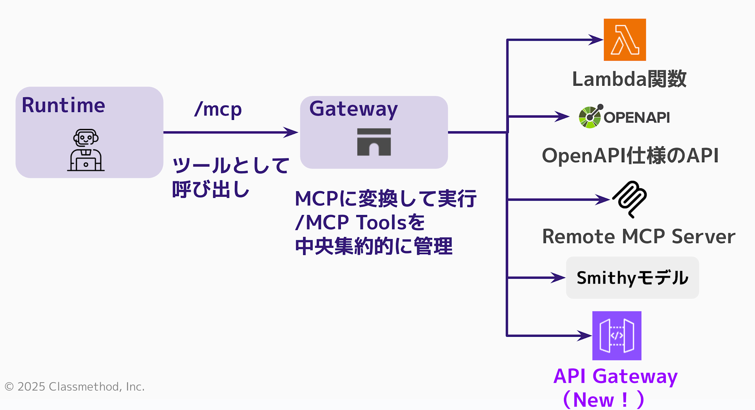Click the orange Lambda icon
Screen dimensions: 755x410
[x=625, y=40]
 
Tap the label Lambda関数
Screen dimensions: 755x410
[x=629, y=79]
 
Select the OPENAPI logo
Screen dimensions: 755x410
[x=624, y=117]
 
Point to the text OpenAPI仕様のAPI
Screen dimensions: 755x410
[x=630, y=156]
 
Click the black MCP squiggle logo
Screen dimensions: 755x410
[x=630, y=199]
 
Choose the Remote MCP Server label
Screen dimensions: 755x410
[x=639, y=236]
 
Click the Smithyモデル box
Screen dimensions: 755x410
[x=632, y=278]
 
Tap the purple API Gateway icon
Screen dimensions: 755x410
[x=617, y=336]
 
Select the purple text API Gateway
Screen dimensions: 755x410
[x=615, y=376]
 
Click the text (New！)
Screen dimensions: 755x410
[x=603, y=400]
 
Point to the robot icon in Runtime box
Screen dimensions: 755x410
[x=86, y=150]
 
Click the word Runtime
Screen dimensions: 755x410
[x=63, y=105]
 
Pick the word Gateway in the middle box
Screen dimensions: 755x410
[x=353, y=109]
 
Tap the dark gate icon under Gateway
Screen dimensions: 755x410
[x=374, y=142]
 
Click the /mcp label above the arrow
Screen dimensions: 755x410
[x=218, y=109]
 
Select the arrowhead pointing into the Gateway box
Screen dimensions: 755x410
[x=291, y=132]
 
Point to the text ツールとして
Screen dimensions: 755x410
[x=231, y=166]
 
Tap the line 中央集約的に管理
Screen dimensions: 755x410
[x=374, y=247]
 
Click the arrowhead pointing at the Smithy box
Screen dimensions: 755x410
[x=558, y=278]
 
